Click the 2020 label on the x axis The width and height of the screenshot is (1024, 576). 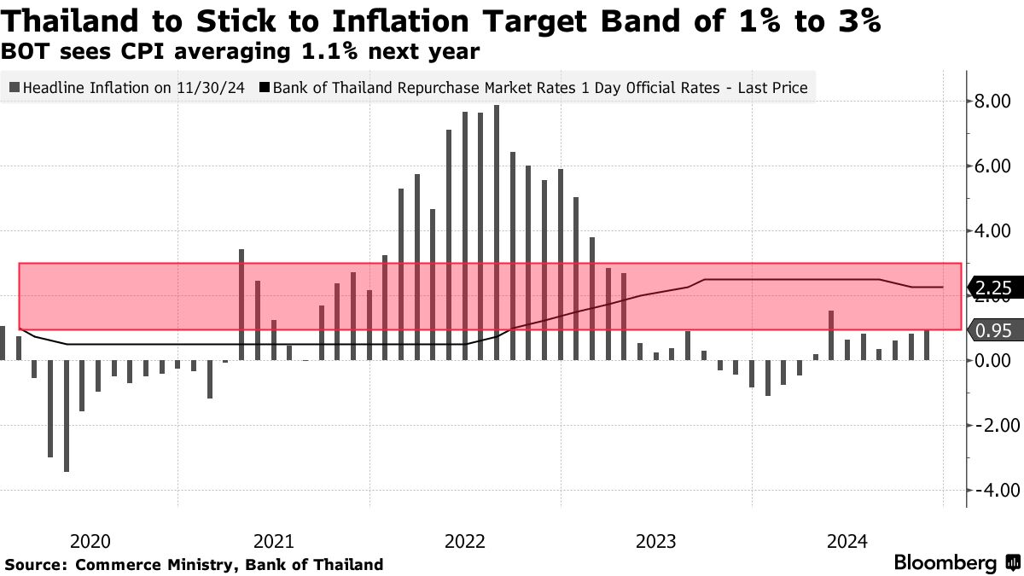click(90, 541)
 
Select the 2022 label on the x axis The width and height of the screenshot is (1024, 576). click(466, 541)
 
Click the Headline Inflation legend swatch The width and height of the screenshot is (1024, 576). click(15, 87)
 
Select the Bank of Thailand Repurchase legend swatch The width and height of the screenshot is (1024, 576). click(265, 87)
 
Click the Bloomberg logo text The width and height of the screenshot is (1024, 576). click(945, 563)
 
